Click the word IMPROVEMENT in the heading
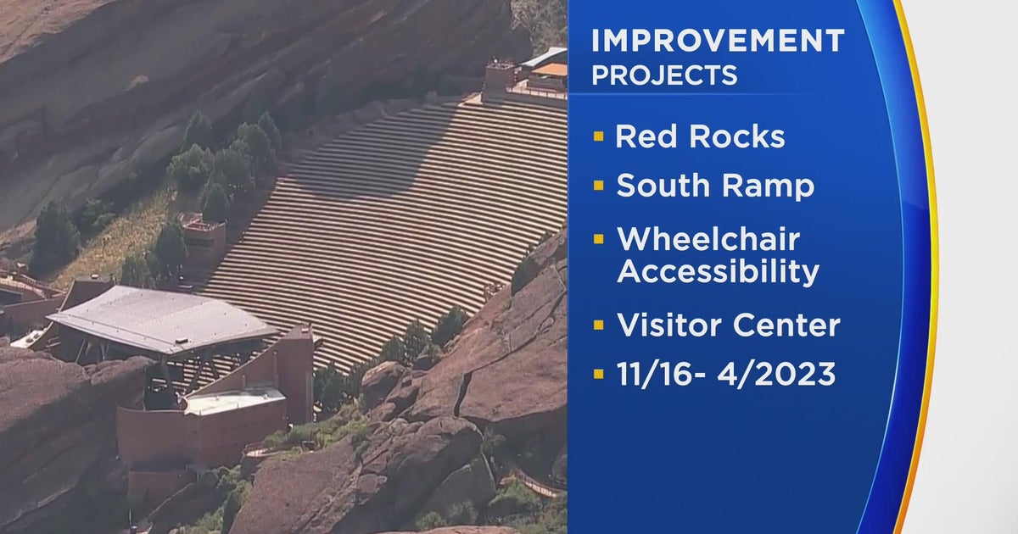coord(718,41)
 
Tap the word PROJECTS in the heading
coord(664,75)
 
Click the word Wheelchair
coord(708,239)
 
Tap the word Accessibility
coord(718,272)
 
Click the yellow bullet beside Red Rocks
coord(599,136)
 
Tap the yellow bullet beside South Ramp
coord(599,186)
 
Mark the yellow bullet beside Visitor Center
coord(599,323)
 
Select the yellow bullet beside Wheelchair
coord(599,238)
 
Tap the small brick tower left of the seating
coord(203,242)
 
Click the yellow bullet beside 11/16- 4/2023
coord(599,373)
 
